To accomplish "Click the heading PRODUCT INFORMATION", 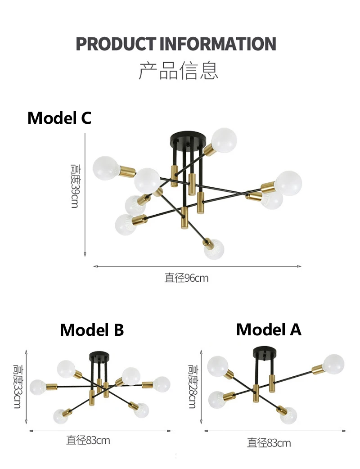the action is tap(175, 44).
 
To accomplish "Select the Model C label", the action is tap(59, 118).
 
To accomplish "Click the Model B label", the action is tap(92, 330).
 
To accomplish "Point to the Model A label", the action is tap(269, 329).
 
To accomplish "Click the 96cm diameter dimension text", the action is tap(186, 278).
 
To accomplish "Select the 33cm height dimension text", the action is tap(17, 387).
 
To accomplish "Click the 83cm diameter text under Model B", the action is tap(88, 440).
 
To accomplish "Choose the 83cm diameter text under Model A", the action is tap(269, 443).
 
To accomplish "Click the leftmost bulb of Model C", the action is tap(106, 167).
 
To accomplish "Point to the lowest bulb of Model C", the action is tap(214, 249).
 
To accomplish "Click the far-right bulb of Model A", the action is tap(333, 364).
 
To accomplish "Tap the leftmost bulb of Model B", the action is tap(38, 387).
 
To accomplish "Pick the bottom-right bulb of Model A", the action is tap(288, 415).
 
